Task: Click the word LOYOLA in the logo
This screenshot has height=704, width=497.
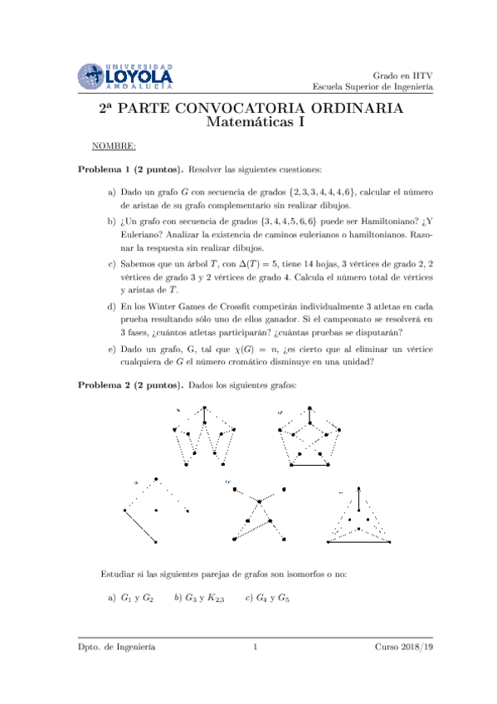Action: tap(139, 76)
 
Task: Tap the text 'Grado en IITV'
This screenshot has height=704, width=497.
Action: tap(403, 75)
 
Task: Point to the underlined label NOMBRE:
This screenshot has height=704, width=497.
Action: tap(115, 146)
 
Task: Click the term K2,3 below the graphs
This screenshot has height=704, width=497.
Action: tap(214, 598)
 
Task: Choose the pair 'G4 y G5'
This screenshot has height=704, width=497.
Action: tap(272, 597)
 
